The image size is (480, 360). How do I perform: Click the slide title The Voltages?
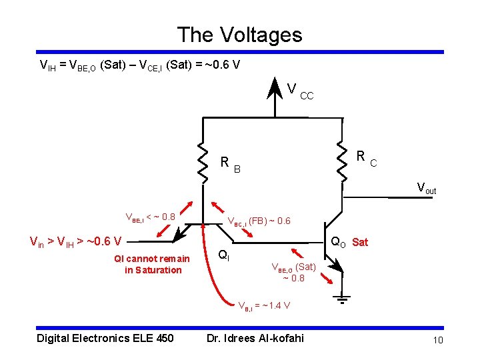(x=239, y=35)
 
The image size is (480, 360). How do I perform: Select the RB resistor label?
(x=230, y=163)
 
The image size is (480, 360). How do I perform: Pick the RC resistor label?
(x=366, y=158)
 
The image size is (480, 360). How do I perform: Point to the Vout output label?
(x=426, y=188)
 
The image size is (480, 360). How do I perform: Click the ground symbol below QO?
(x=343, y=299)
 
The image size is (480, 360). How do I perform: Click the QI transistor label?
(x=225, y=254)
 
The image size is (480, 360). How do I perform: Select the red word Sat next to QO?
(x=360, y=242)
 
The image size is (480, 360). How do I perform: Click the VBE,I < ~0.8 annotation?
(x=150, y=217)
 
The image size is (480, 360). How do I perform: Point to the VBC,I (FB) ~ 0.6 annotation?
(x=259, y=221)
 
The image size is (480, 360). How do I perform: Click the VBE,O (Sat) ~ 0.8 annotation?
(x=293, y=272)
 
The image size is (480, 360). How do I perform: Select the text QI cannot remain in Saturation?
(x=153, y=264)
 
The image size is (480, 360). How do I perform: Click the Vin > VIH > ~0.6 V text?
(x=75, y=241)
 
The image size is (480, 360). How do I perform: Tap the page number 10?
(x=438, y=341)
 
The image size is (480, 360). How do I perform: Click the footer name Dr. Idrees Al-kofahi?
(x=255, y=338)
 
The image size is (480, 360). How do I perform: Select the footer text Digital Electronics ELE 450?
(x=105, y=338)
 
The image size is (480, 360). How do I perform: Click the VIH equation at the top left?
(x=140, y=65)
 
